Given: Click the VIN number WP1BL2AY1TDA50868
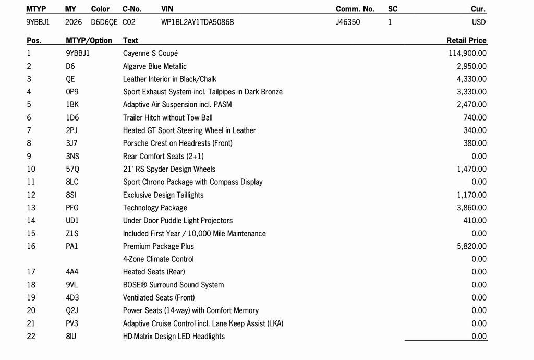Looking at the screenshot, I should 198,22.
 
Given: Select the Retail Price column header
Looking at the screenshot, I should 466,40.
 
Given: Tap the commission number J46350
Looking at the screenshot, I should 348,22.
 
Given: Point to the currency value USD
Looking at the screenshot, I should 479,22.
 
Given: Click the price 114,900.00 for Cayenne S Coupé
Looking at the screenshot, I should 467,53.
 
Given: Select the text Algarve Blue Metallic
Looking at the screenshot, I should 155,66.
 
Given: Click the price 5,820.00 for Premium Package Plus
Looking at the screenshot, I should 471,246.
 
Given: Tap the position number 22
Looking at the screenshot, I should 31,337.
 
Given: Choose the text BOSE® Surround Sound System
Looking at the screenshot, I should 174,285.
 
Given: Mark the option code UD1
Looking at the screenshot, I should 72,221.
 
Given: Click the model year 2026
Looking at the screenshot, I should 74,22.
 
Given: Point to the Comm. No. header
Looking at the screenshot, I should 355,9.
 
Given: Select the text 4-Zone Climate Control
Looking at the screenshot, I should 159,259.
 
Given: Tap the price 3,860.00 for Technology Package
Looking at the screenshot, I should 471,208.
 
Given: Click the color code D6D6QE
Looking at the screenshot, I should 104,22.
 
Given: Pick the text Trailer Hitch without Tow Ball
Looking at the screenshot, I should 168,118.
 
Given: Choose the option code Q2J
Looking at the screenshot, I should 72,310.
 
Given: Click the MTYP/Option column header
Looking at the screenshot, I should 89,40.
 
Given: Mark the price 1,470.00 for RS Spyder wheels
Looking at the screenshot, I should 471,169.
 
